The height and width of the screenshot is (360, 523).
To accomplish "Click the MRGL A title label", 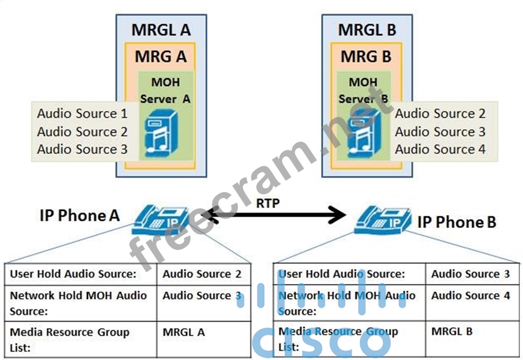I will (x=160, y=29).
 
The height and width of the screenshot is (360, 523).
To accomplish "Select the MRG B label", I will (x=366, y=57).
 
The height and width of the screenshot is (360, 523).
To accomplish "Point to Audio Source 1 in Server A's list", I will (x=82, y=114).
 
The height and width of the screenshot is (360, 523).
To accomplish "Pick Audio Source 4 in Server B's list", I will (x=440, y=149).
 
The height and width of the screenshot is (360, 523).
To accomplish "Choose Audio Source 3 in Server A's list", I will (x=82, y=149).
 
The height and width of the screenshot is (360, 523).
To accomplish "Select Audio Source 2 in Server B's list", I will (x=440, y=114).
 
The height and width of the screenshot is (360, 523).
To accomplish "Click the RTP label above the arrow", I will (x=268, y=204).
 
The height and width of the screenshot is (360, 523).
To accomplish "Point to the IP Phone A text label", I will (x=80, y=215).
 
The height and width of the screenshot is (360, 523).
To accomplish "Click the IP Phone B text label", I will (x=456, y=222).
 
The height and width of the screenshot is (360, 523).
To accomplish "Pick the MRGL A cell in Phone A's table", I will (x=184, y=332).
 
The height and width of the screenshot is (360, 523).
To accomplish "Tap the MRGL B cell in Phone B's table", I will (x=451, y=332).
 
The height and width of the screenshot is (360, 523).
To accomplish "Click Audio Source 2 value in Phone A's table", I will (x=201, y=274).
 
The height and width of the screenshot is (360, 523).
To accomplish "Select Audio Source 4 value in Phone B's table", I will (x=470, y=296).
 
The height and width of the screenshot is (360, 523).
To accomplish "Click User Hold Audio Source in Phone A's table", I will (x=73, y=274).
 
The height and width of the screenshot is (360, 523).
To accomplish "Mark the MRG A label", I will (x=160, y=57).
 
